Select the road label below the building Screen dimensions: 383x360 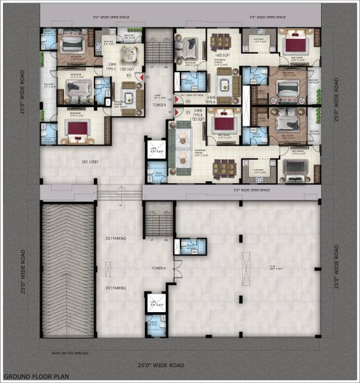pos(161,364)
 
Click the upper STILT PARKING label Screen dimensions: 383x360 pos(116,238)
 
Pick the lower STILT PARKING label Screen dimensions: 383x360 pos(116,289)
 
